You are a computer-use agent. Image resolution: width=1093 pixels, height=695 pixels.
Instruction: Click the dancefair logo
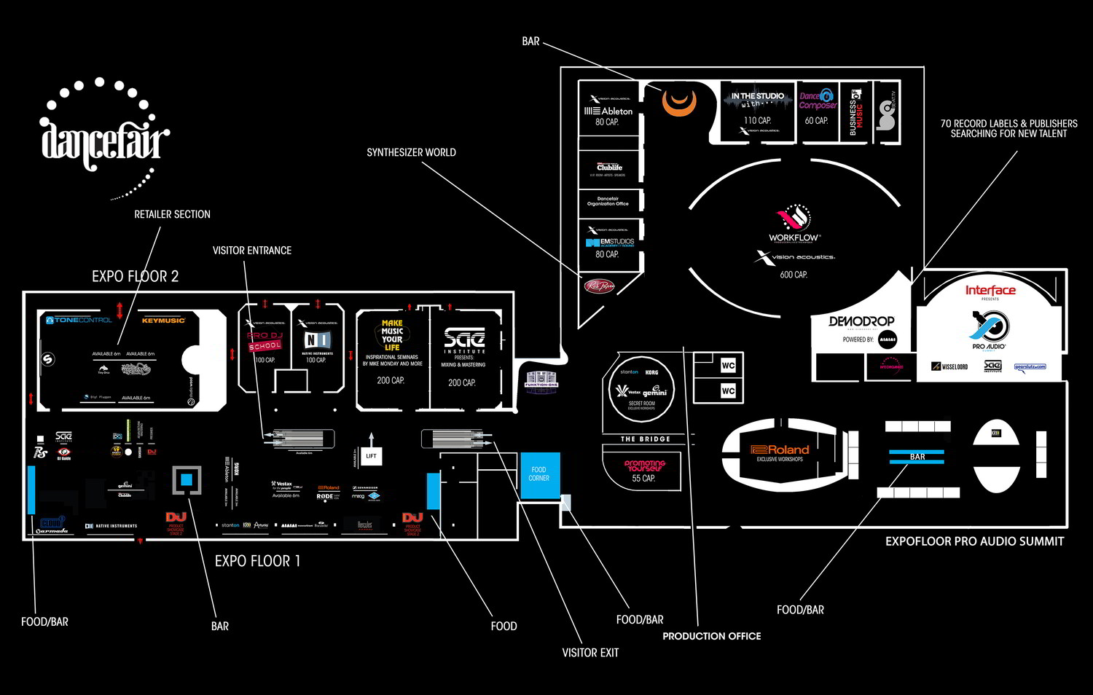click(x=104, y=138)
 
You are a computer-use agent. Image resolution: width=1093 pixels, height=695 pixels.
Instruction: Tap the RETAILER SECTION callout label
click(x=172, y=214)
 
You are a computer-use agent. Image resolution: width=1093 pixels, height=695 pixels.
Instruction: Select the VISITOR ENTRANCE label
click(x=251, y=251)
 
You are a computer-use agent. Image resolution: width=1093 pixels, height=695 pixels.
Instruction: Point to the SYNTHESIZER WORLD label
click(x=411, y=152)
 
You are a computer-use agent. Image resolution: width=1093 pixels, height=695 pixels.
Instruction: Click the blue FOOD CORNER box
click(x=539, y=474)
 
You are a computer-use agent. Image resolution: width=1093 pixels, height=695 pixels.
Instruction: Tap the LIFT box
click(x=371, y=456)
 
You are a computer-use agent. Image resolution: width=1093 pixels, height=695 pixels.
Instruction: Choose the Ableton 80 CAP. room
click(x=608, y=109)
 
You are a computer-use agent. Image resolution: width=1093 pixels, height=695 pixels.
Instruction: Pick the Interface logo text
click(x=990, y=291)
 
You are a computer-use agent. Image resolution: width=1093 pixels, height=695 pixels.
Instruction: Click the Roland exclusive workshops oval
click(x=780, y=454)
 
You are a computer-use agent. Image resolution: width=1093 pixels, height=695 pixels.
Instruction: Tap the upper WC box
click(x=728, y=366)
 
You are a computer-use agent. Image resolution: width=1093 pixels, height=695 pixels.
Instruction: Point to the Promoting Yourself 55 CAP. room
click(x=643, y=470)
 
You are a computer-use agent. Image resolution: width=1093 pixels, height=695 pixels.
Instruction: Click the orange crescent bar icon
click(x=679, y=101)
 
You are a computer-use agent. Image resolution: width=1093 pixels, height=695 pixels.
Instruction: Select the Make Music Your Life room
click(x=392, y=357)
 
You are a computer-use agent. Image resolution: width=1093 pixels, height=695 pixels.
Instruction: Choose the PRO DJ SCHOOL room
click(x=265, y=346)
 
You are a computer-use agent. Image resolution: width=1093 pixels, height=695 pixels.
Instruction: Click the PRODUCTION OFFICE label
click(x=711, y=636)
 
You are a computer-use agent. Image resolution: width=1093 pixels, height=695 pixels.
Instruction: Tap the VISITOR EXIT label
click(x=589, y=653)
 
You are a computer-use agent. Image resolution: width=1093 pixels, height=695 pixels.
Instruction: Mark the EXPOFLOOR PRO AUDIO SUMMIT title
click(x=974, y=541)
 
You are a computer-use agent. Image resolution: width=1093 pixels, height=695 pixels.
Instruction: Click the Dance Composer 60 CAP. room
click(x=817, y=109)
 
